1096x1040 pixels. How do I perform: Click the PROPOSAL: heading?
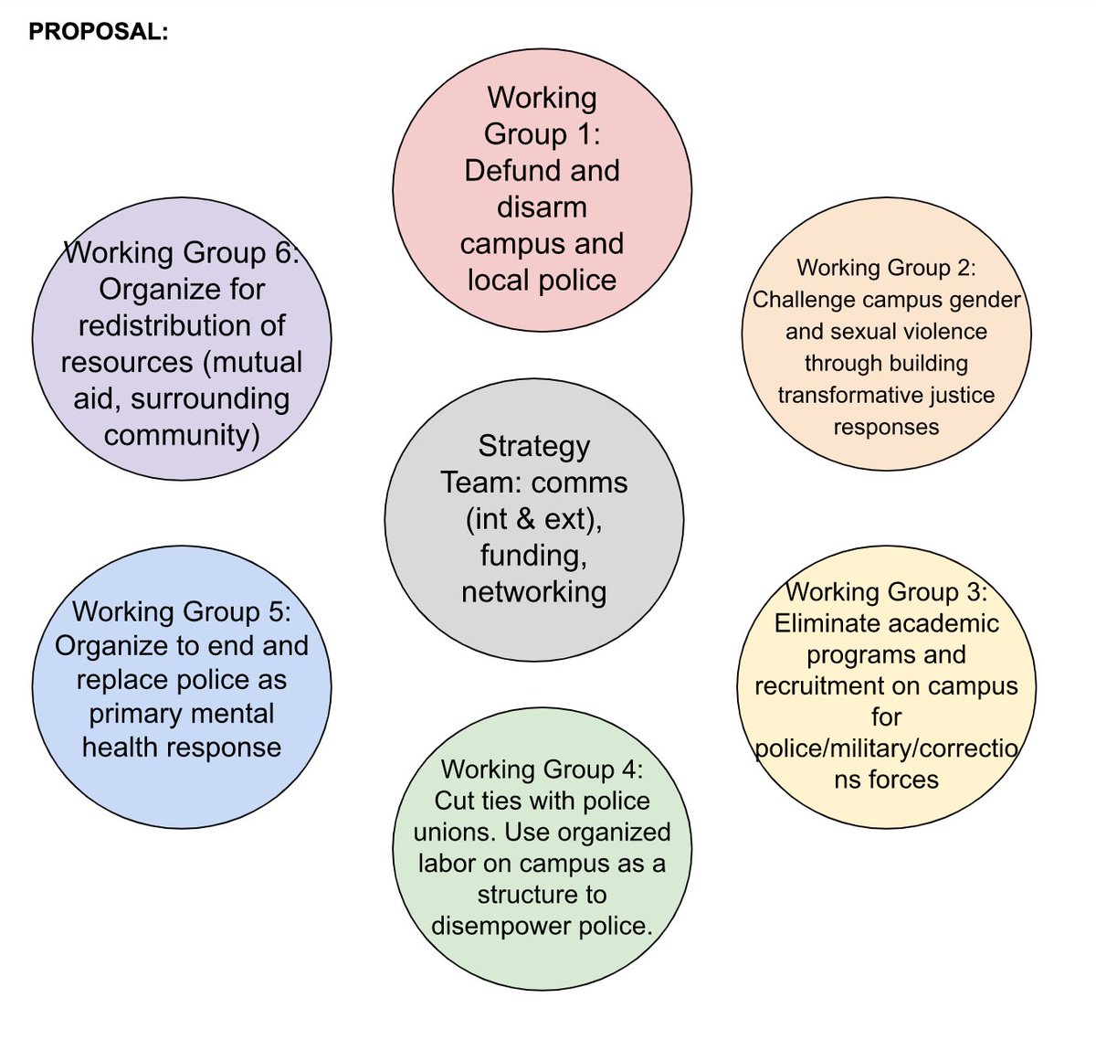tap(99, 32)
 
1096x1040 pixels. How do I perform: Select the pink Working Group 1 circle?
tap(542, 190)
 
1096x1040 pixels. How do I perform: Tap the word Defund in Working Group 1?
tap(506, 170)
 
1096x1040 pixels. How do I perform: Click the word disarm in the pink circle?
tap(542, 207)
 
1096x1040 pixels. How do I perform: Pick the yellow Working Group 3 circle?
tap(886, 687)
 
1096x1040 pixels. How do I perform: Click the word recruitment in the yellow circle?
tap(823, 685)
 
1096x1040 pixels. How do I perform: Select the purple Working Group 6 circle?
tap(182, 339)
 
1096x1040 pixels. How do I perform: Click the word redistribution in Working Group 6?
tap(182, 325)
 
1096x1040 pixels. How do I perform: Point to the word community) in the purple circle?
tap(182, 435)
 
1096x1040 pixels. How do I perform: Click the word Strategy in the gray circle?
tap(534, 446)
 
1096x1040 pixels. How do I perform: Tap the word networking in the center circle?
tap(534, 592)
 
